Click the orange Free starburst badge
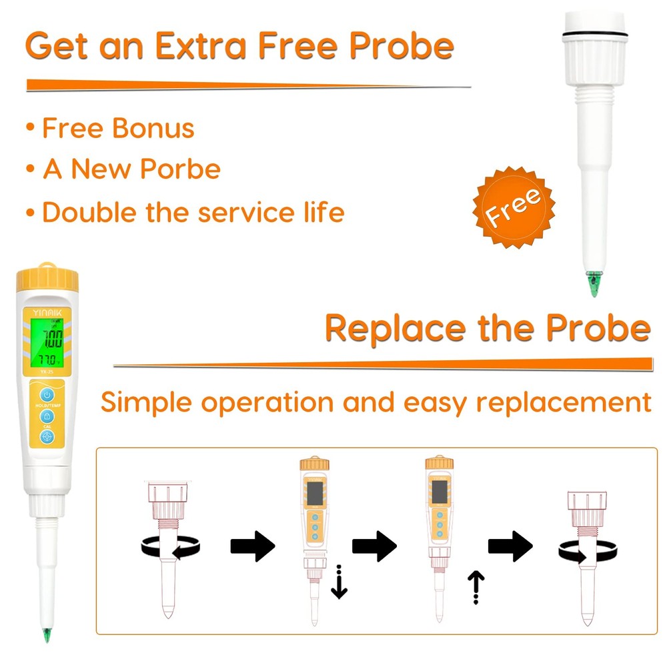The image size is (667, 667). pos(513,207)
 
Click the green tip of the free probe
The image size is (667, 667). pos(592,285)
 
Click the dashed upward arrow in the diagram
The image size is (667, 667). pos(476,587)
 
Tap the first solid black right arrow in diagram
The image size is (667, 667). pos(252,548)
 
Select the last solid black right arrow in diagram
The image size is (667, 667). pos(510,547)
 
